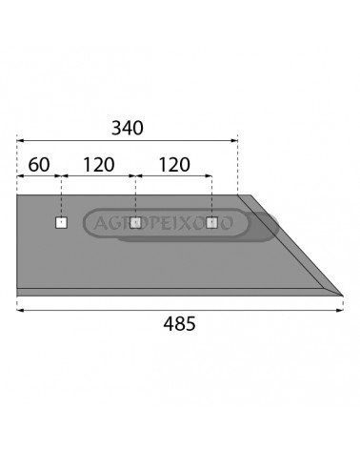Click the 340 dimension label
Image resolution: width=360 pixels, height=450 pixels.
pyautogui.click(x=128, y=128)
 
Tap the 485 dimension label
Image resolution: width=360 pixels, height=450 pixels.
pyautogui.click(x=179, y=324)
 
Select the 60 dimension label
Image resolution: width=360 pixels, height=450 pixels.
pyautogui.click(x=39, y=165)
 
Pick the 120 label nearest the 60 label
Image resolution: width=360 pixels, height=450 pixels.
pyautogui.click(x=98, y=165)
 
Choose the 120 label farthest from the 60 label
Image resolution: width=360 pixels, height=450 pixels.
pyautogui.click(x=174, y=165)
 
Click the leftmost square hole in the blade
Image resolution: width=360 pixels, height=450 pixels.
pyautogui.click(x=61, y=223)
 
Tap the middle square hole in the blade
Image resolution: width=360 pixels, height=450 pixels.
pyautogui.click(x=135, y=223)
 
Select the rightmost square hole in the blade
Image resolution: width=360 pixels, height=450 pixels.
pyautogui.click(x=211, y=223)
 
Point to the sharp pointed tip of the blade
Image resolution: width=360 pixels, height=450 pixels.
pyautogui.click(x=343, y=296)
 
